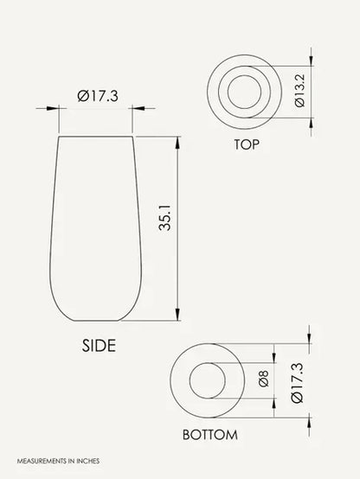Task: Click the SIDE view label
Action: [99, 346]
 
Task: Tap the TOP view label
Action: [247, 144]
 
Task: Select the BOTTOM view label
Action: [209, 435]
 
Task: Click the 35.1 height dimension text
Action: [165, 218]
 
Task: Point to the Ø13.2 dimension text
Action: [299, 91]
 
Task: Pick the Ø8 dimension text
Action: [264, 379]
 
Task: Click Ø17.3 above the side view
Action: [98, 96]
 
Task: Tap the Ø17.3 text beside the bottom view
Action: [297, 383]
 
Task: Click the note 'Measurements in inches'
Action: [58, 461]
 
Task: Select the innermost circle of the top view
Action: [245, 75]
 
